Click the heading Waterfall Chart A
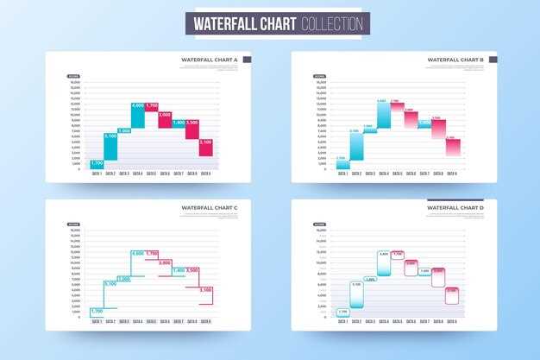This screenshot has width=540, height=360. (x=210, y=60)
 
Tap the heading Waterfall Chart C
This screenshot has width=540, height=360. (x=210, y=208)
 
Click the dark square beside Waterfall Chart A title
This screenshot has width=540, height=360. (x=247, y=60)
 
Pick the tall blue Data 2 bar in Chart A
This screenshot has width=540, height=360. (x=110, y=146)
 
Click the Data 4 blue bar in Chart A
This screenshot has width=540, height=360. (x=138, y=116)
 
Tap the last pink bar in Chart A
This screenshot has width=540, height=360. (x=205, y=147)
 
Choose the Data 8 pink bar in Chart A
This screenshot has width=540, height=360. (x=192, y=129)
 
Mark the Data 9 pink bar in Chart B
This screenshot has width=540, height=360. (x=452, y=147)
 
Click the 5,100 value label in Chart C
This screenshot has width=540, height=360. (x=110, y=284)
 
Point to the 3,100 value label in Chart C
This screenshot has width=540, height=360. (x=205, y=290)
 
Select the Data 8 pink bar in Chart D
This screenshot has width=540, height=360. (x=438, y=276)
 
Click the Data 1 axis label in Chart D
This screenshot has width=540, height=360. (x=342, y=321)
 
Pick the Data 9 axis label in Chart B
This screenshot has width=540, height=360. (x=452, y=174)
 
